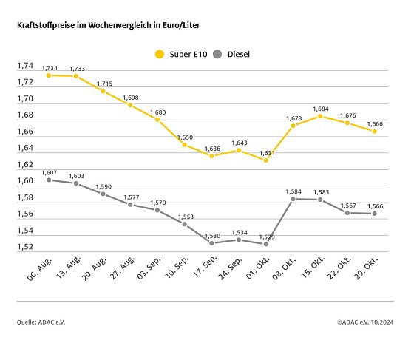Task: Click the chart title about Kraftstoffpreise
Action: click(x=109, y=25)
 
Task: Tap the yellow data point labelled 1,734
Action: click(x=49, y=75)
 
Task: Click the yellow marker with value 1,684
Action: click(x=320, y=116)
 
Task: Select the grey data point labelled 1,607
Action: click(x=49, y=180)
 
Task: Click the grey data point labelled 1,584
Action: click(x=293, y=199)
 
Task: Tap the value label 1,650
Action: click(x=184, y=137)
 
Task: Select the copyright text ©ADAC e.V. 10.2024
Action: click(x=365, y=322)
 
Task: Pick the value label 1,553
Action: click(x=184, y=217)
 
